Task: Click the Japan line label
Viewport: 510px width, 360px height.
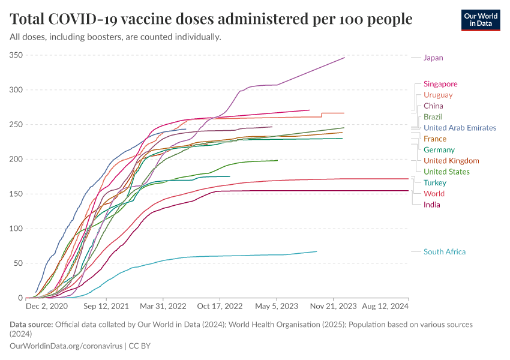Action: tap(433, 58)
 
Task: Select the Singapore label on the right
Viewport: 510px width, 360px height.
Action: tap(440, 84)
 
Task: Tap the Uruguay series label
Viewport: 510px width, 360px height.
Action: tap(438, 95)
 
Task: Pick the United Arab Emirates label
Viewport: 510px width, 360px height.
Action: tap(460, 128)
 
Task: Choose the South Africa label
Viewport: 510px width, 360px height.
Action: tap(445, 252)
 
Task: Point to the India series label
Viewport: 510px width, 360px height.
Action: tap(431, 205)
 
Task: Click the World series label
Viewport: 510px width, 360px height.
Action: tap(433, 194)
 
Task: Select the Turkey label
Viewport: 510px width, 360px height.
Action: tap(434, 182)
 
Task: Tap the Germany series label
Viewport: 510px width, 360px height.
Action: tap(439, 150)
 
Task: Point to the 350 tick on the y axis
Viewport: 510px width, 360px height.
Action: tap(16, 55)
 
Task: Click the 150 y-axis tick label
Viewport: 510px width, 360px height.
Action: tap(16, 194)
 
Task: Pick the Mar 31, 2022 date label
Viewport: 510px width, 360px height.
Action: tap(163, 306)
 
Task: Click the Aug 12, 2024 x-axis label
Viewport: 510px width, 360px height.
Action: tap(384, 306)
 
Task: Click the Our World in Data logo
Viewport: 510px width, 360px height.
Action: tap(480, 20)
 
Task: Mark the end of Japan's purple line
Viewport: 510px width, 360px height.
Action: tap(344, 58)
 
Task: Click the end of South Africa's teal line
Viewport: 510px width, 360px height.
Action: tap(316, 251)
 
